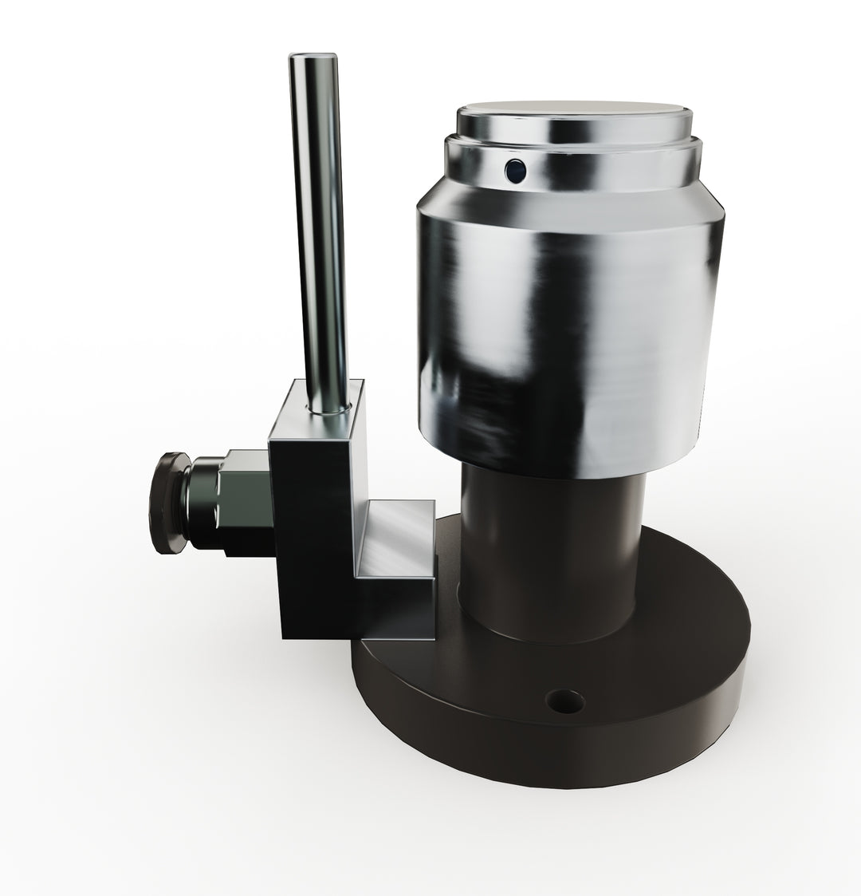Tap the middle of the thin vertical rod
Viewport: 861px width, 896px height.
point(318,231)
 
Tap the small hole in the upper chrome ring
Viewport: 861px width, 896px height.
point(516,169)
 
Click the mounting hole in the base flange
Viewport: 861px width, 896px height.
point(564,701)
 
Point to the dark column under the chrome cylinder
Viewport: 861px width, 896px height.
point(550,551)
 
